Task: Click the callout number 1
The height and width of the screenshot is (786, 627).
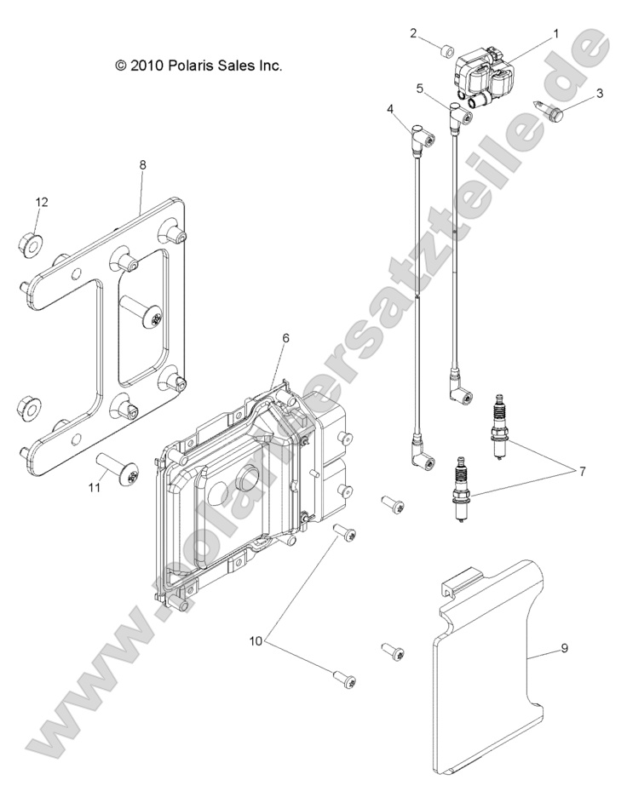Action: click(x=555, y=33)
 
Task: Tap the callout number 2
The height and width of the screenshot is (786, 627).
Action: click(x=413, y=33)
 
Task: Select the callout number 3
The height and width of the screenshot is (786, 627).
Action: click(x=600, y=93)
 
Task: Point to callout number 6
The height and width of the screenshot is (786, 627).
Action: click(x=285, y=338)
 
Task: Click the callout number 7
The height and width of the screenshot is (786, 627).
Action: click(x=583, y=471)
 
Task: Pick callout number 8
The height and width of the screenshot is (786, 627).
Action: click(x=143, y=164)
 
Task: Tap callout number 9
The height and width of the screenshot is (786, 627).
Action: click(x=564, y=648)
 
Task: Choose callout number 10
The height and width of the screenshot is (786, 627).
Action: click(x=256, y=640)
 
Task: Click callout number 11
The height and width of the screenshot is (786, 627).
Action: click(x=95, y=487)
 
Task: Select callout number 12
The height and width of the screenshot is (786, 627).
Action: click(x=42, y=202)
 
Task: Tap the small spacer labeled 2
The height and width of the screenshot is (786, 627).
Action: click(x=447, y=51)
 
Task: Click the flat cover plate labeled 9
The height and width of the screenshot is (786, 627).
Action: click(x=487, y=672)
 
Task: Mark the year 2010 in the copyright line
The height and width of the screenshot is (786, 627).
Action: click(x=146, y=66)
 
